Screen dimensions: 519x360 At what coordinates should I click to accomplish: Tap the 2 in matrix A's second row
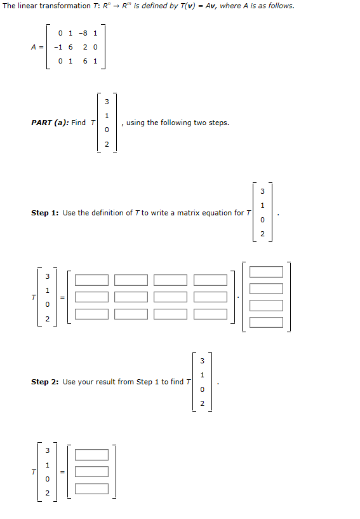pos(85,47)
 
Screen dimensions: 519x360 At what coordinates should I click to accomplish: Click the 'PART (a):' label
pos(50,123)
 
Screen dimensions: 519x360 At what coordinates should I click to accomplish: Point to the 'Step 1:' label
pos(45,213)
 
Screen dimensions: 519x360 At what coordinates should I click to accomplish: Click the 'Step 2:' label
pos(45,382)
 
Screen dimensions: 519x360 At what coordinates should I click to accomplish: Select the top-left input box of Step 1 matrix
pos(92,280)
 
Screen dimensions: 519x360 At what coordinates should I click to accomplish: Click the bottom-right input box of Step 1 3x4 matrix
pos(210,314)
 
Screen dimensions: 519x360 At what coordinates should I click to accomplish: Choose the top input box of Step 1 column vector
pos(266,272)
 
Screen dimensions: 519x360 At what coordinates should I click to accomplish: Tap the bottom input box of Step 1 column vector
pos(266,321)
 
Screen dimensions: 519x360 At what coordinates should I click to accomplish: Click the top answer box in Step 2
pos(92,455)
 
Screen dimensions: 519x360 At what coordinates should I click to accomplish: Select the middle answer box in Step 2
pos(92,472)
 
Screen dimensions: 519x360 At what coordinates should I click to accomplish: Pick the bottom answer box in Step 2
pos(92,489)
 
